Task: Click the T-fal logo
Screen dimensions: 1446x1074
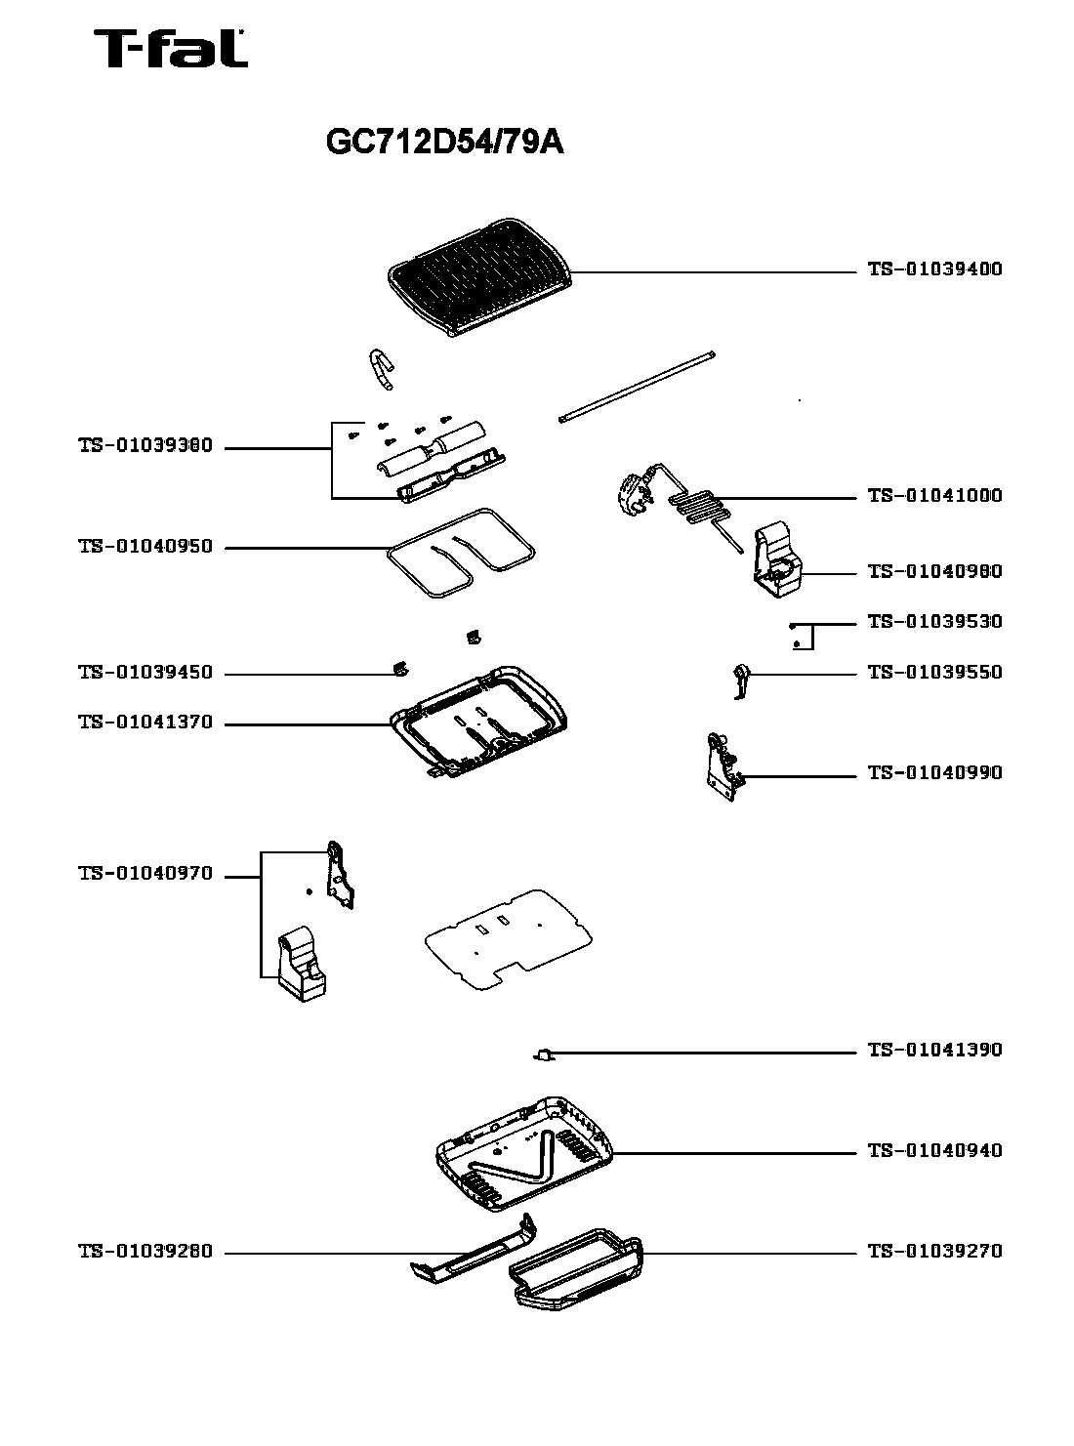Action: [x=170, y=50]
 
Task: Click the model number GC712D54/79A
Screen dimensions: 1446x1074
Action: [x=444, y=144]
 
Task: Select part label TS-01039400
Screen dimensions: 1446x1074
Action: [x=934, y=269]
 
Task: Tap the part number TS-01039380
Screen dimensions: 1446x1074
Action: [x=145, y=447]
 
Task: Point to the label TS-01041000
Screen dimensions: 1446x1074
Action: [x=934, y=496]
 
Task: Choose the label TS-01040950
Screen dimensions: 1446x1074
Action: [x=145, y=547]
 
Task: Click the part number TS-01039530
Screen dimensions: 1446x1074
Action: [x=934, y=622]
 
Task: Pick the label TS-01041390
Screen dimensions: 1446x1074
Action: [x=934, y=1051]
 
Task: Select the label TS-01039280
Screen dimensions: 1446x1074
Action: [x=145, y=1252]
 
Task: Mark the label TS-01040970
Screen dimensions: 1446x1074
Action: [x=145, y=874]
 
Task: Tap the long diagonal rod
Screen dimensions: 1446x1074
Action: [x=638, y=386]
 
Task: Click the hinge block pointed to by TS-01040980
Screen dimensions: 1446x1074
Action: [x=775, y=560]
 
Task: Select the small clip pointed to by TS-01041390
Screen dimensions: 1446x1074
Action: [x=544, y=1054]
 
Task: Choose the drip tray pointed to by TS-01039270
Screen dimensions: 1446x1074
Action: [x=576, y=1267]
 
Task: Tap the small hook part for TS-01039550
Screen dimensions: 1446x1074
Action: [x=742, y=680]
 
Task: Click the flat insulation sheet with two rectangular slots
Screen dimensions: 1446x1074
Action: [x=508, y=937]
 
